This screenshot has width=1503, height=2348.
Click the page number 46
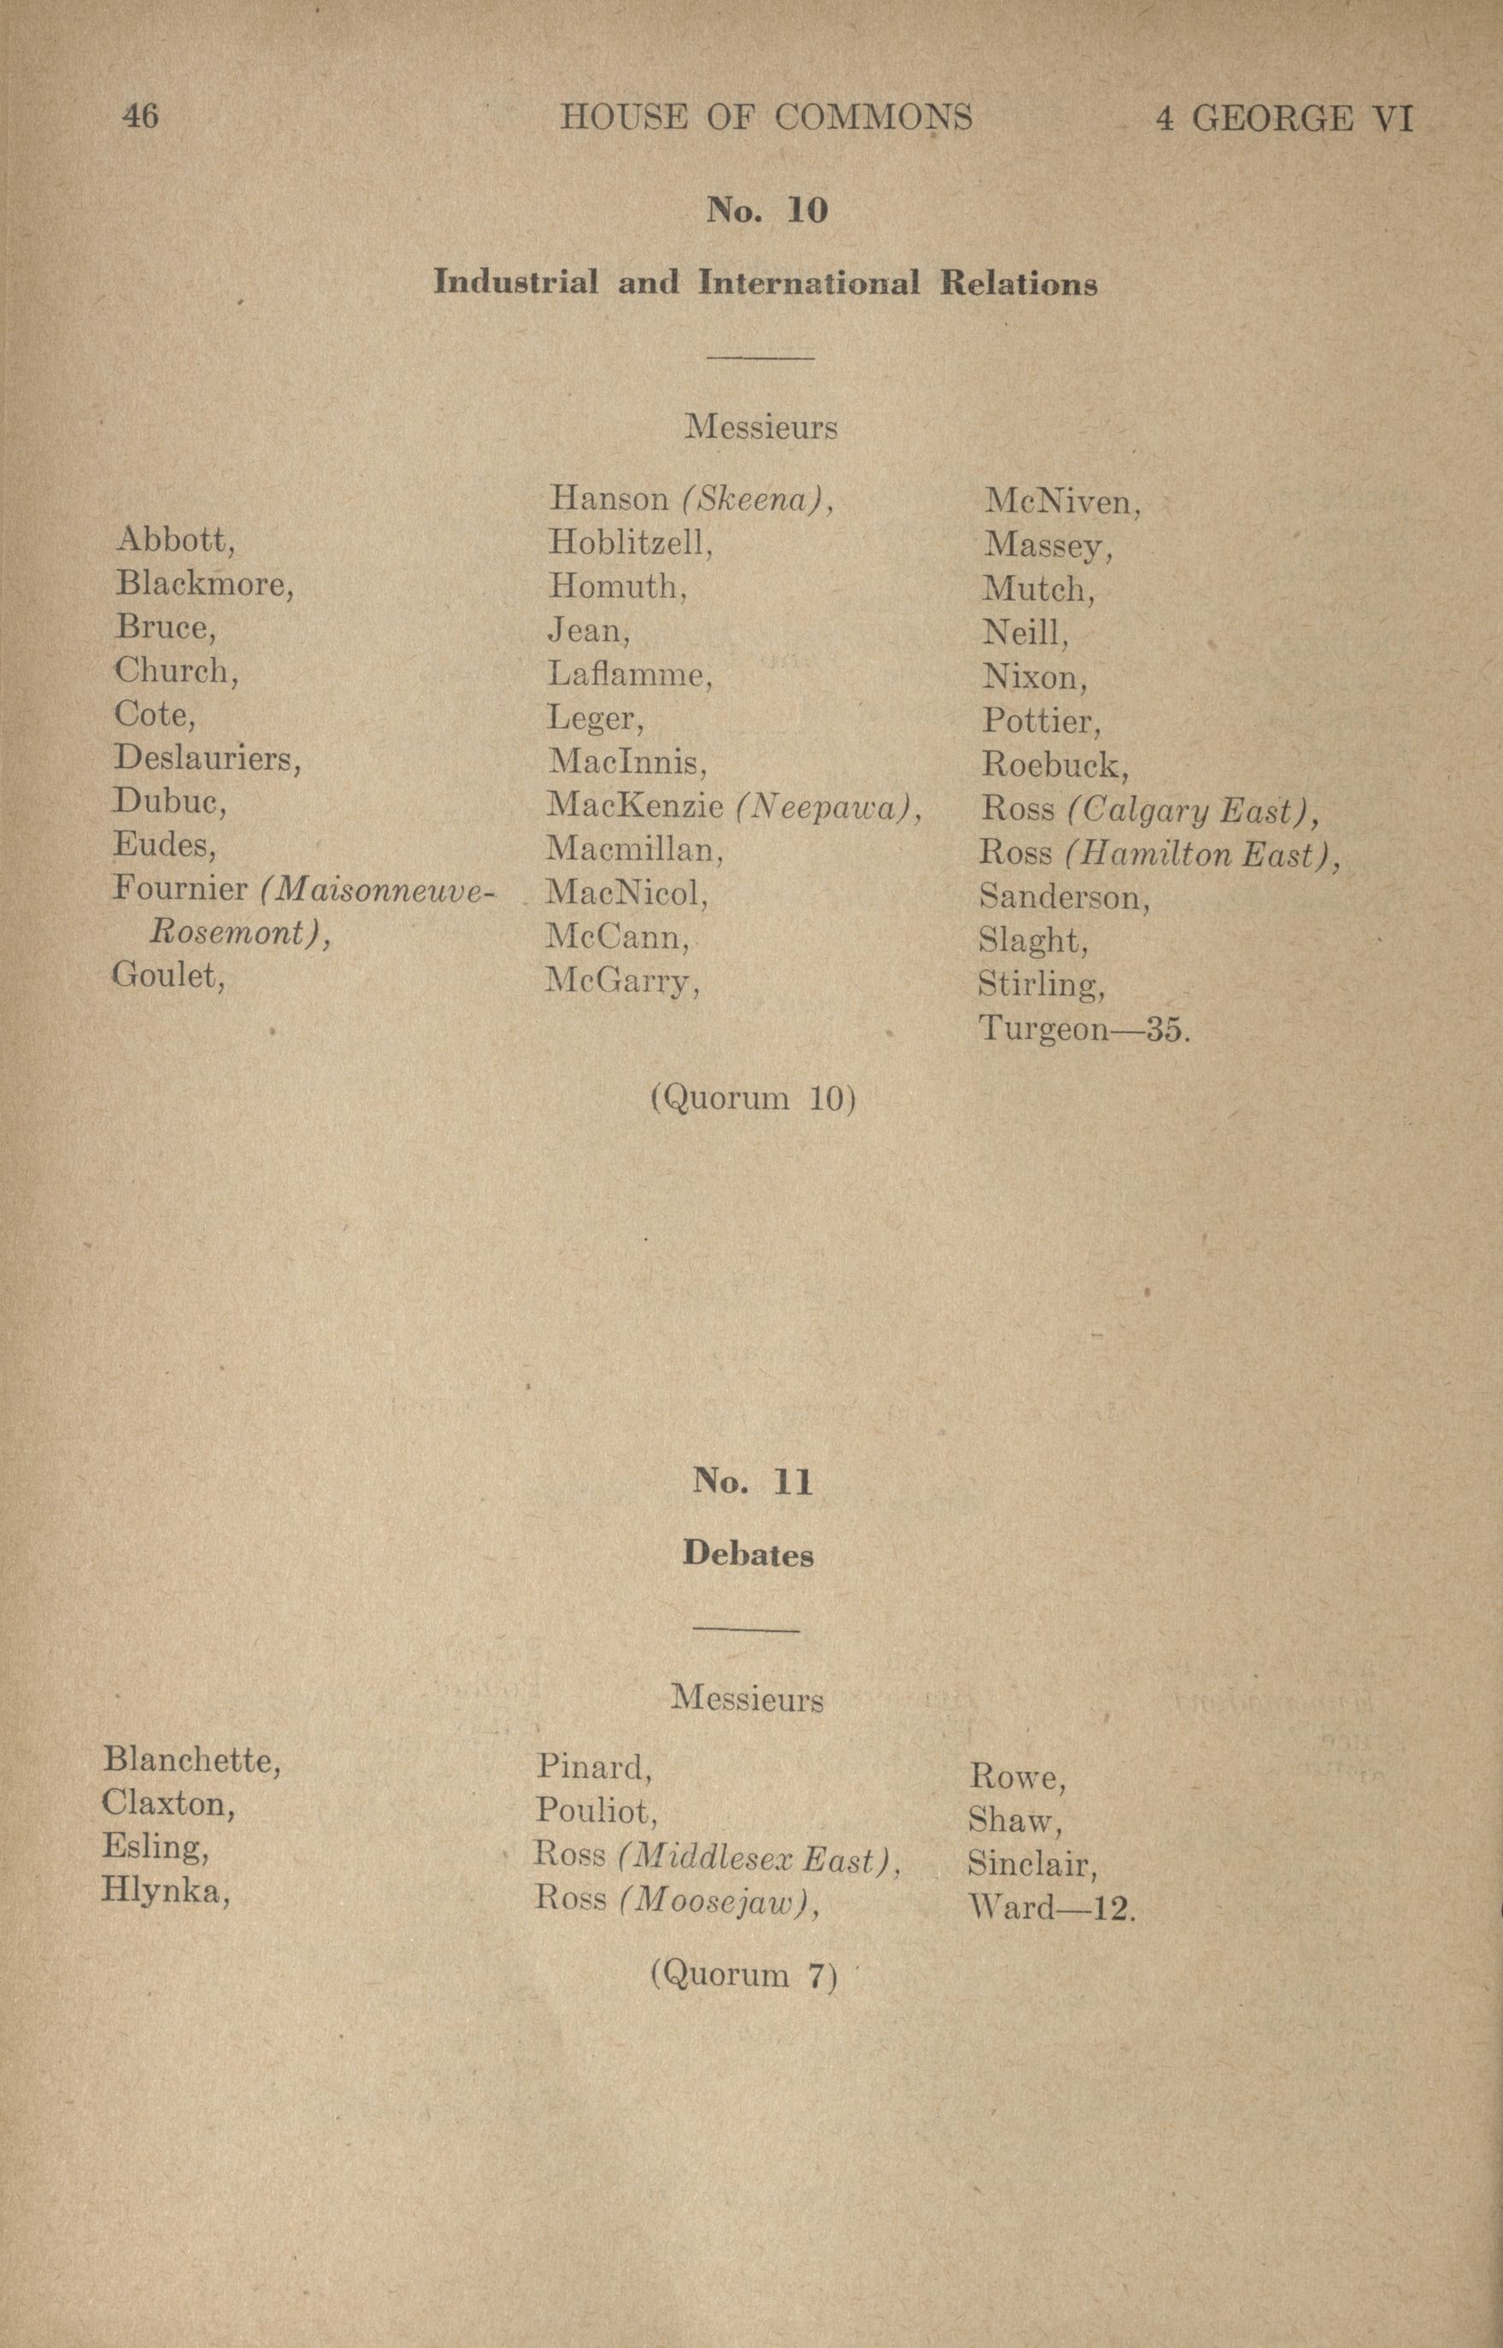coord(140,117)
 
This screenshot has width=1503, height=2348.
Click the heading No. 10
coord(766,211)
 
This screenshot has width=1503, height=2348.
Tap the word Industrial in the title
coord(515,283)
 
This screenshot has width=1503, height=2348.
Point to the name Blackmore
coord(204,584)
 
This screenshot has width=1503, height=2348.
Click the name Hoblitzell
coord(630,542)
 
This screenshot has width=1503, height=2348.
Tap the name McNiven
coord(1062,502)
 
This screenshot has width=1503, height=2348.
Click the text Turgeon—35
coord(1083,1030)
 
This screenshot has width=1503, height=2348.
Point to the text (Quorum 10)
coord(753,1099)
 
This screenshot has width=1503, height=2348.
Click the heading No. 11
coord(753,1482)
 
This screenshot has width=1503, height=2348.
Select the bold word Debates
coord(749,1553)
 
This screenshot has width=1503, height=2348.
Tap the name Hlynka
coord(164,1891)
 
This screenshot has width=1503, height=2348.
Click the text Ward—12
coord(1052,1907)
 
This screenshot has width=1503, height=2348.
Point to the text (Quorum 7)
coord(743,1975)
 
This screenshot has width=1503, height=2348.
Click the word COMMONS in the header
coord(873,118)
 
